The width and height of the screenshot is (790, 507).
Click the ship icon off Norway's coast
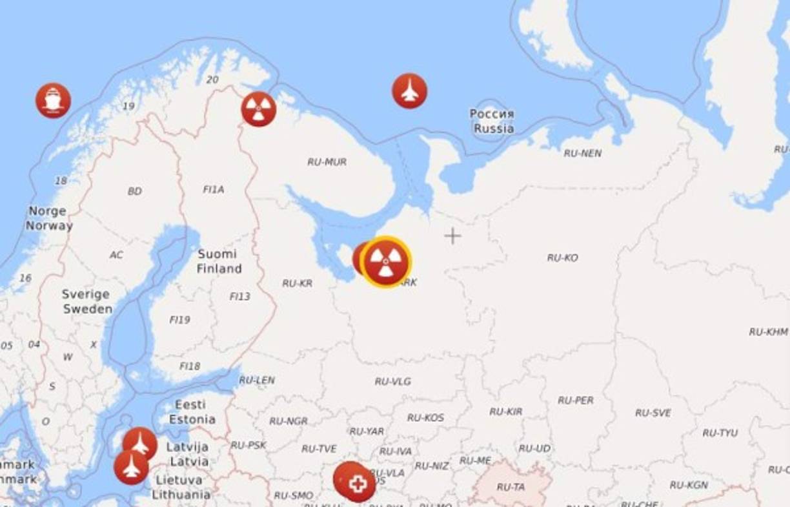click(x=53, y=101)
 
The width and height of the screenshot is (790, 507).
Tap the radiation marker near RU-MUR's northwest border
click(x=259, y=109)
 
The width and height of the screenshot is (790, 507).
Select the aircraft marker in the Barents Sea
click(x=409, y=91)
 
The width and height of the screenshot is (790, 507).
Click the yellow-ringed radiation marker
click(x=385, y=262)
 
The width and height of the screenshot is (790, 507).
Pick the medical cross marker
click(x=358, y=484)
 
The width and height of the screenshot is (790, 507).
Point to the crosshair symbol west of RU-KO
click(x=452, y=236)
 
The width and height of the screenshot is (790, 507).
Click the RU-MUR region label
click(x=327, y=161)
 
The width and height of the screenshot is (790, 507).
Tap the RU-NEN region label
click(x=582, y=153)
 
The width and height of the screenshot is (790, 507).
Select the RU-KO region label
click(x=562, y=258)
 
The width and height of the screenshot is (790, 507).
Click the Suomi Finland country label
click(x=219, y=262)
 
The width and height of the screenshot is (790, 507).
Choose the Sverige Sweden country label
click(x=86, y=302)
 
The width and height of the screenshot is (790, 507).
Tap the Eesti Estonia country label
click(x=192, y=412)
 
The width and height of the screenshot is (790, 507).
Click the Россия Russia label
click(x=492, y=121)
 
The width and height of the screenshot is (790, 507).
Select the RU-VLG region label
click(x=392, y=382)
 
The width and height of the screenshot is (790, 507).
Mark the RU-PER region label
click(x=575, y=400)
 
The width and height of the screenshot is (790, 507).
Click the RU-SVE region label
click(x=653, y=413)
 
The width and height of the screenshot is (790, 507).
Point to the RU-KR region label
click(x=297, y=283)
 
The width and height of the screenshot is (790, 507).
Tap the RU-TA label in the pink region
click(x=511, y=486)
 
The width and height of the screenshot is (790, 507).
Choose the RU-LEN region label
click(x=257, y=380)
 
